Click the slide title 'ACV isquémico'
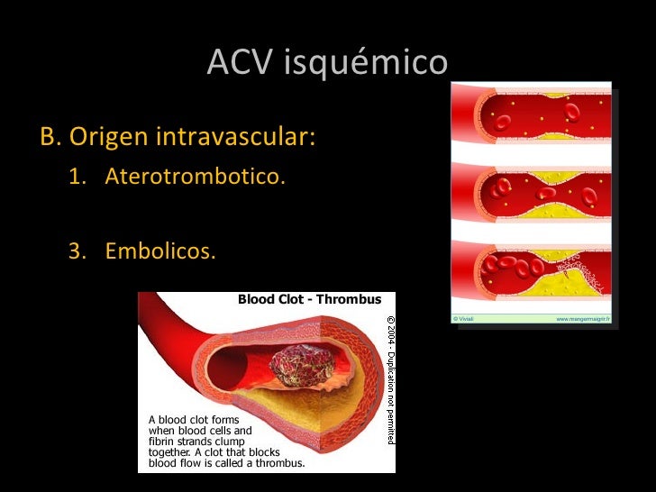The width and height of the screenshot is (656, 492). click(326, 63)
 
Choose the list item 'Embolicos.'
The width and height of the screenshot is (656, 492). click(160, 248)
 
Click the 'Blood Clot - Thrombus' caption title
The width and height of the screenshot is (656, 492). click(309, 299)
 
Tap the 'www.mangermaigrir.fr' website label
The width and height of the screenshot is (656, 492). click(583, 318)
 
